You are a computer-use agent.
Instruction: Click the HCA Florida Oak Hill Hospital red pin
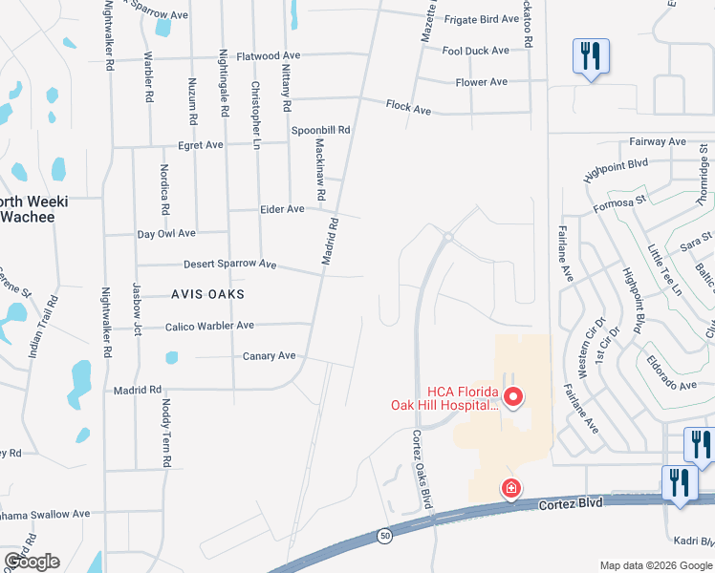(513, 395)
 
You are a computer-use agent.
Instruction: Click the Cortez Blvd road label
(571, 502)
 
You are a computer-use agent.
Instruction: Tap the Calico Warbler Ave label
(209, 326)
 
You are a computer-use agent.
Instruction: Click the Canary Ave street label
(271, 356)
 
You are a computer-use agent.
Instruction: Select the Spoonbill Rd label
(321, 130)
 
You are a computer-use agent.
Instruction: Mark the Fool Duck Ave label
(475, 51)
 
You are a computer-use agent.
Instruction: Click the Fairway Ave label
(657, 142)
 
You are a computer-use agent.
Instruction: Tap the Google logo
(32, 562)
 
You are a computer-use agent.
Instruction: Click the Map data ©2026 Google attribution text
(656, 565)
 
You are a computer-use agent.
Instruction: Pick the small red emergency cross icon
(512, 489)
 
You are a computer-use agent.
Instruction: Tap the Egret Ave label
(201, 145)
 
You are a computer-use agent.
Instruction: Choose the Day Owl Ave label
(166, 233)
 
